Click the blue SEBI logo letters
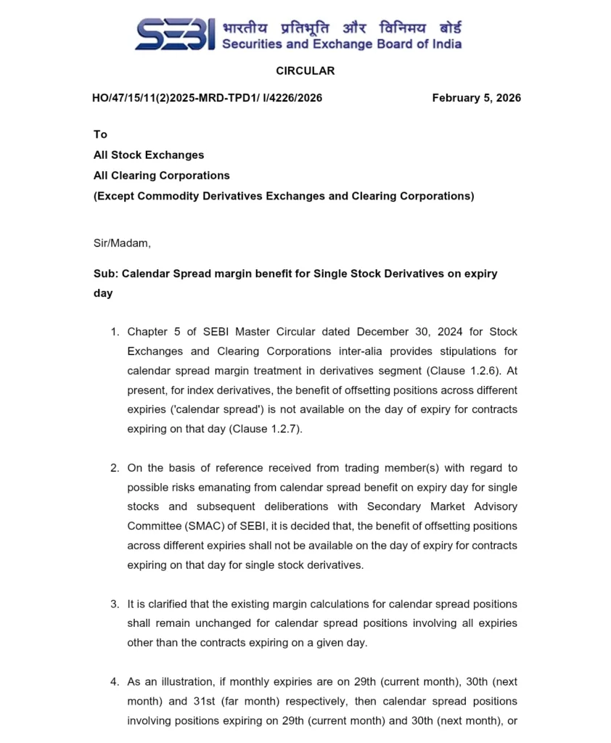tap(175, 35)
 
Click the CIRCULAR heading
tap(305, 70)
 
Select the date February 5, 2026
tap(476, 98)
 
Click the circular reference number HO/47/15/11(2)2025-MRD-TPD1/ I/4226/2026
tap(207, 98)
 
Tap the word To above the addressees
tap(100, 134)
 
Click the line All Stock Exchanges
tap(149, 155)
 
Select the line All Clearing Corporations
tap(161, 175)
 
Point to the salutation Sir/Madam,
tap(122, 243)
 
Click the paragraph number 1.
tap(115, 332)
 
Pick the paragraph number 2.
tap(115, 468)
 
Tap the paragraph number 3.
tap(115, 604)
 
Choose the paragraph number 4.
tap(115, 681)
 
